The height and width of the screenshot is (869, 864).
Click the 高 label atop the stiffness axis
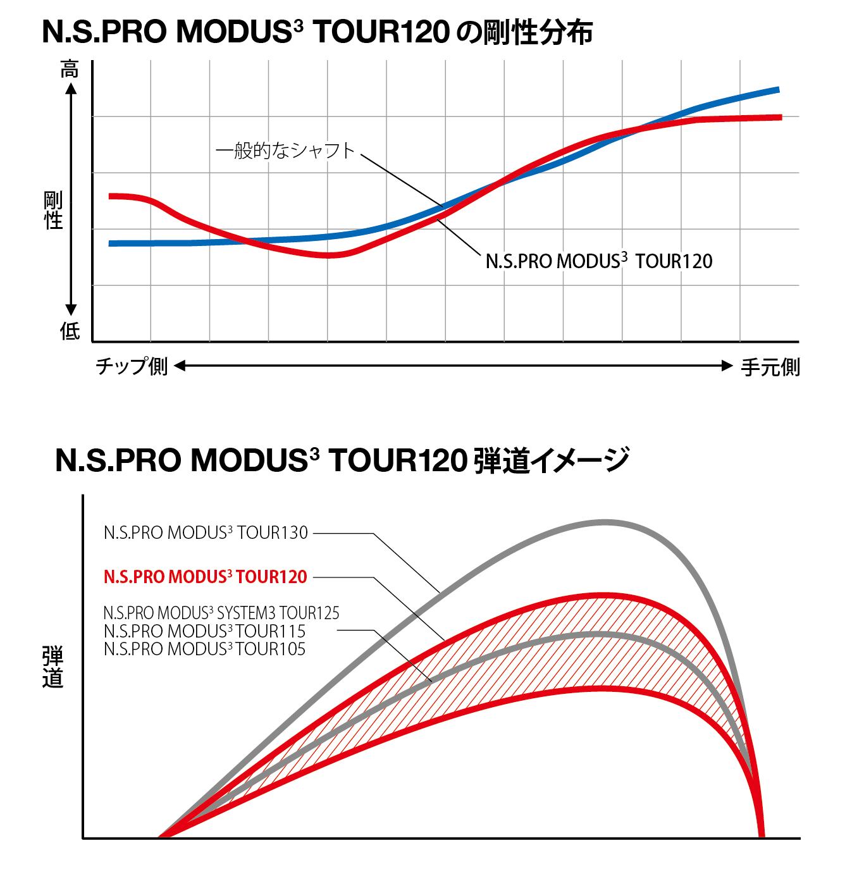[70, 70]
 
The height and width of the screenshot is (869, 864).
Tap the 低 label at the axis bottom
[70, 330]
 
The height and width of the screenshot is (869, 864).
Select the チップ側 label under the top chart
[132, 366]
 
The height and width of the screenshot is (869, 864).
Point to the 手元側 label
[770, 367]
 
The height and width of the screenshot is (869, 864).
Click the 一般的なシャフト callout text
[285, 151]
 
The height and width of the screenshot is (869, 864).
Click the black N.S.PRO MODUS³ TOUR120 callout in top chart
[598, 261]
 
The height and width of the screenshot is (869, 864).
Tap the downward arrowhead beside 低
[71, 310]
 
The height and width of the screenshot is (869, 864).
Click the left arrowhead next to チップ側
[178, 366]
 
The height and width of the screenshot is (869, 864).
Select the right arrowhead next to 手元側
[727, 366]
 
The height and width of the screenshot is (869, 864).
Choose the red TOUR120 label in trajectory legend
[206, 576]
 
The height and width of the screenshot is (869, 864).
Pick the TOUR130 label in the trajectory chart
[206, 533]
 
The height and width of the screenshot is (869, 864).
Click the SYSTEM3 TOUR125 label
[221, 613]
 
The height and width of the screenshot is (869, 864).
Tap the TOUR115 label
[204, 631]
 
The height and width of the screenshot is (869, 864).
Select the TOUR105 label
[204, 648]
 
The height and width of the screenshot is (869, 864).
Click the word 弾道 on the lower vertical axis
[52, 667]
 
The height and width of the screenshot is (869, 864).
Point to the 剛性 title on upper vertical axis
[53, 211]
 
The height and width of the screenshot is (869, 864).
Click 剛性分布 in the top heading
[538, 33]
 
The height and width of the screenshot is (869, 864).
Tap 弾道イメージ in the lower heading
[551, 460]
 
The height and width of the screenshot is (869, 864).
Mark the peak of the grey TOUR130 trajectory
[604, 522]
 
